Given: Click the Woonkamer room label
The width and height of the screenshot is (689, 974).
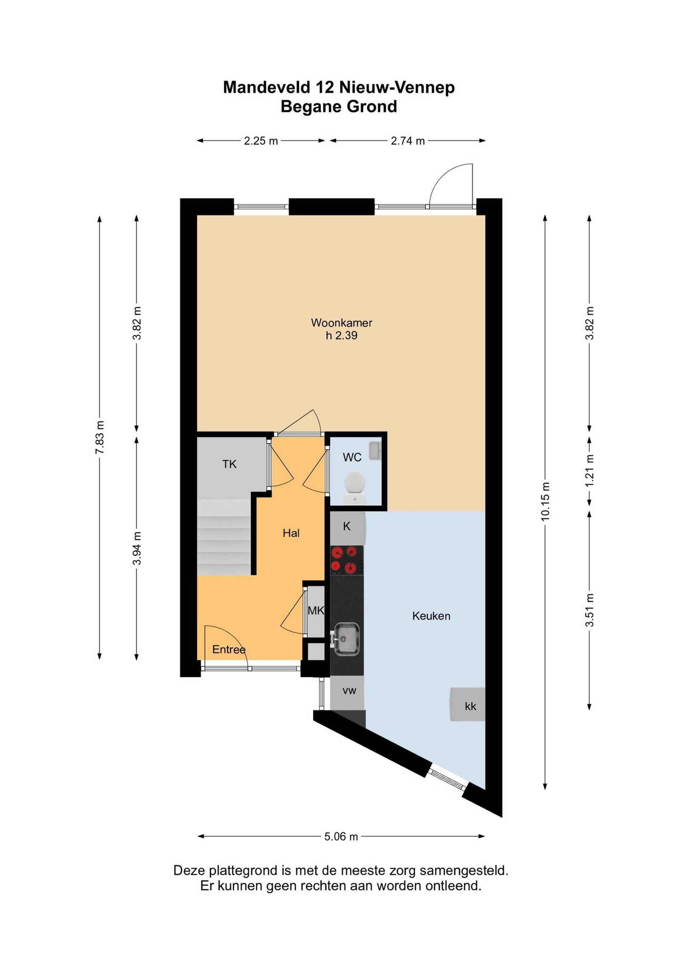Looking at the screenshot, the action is coord(342,323).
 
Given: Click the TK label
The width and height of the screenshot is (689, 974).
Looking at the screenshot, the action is coord(230,464).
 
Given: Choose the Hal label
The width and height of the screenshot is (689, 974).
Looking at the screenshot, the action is coord(291,533).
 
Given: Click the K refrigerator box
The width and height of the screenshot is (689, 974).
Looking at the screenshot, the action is coord(347,528).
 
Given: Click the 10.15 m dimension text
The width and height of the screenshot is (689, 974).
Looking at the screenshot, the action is coord(545,502).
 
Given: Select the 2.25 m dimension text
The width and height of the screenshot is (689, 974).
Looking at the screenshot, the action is coord(261,141).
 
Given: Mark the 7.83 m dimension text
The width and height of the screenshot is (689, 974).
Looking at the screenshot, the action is coord(100,437).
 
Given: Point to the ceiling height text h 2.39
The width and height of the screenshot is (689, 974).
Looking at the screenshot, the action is coord(342,335).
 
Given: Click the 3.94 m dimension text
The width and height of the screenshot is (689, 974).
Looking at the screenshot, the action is coord(137,548).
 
